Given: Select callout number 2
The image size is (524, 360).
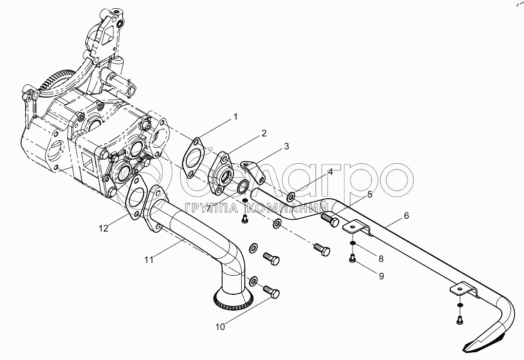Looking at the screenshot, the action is pyautogui.click(x=264, y=134).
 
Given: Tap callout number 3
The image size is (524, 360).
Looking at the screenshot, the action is pyautogui.click(x=286, y=146).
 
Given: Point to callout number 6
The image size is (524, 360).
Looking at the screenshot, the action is pyautogui.click(x=406, y=216).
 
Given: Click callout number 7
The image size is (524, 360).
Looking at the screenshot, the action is pyautogui.click(x=208, y=209).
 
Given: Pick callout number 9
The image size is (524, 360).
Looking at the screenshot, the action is pyautogui.click(x=381, y=276).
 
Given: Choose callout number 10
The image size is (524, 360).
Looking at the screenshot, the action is pyautogui.click(x=220, y=327).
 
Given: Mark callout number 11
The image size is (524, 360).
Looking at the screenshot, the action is pyautogui.click(x=149, y=259).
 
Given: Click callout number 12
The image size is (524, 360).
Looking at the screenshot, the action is pyautogui.click(x=104, y=229).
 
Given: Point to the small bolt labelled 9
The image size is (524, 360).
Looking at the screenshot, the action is pyautogui.click(x=352, y=258).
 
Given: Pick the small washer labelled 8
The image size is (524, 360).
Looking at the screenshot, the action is pyautogui.click(x=352, y=243).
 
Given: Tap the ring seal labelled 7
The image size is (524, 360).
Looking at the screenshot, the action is pyautogui.click(x=243, y=186).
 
